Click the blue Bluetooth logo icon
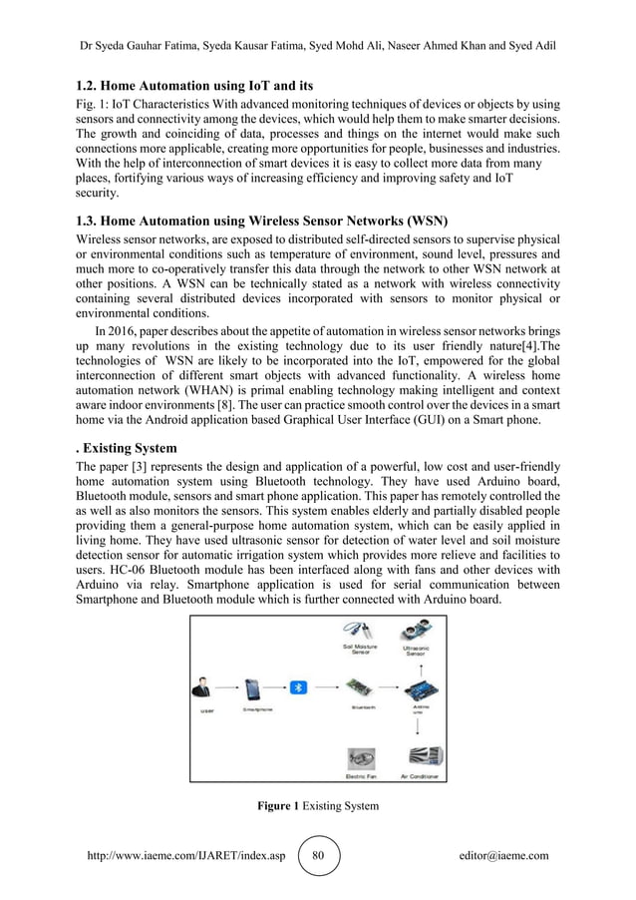coord(295,687)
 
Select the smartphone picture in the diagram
coord(252,689)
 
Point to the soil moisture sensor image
coord(355,631)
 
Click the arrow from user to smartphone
coord(228,688)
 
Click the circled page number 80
coord(319,855)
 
